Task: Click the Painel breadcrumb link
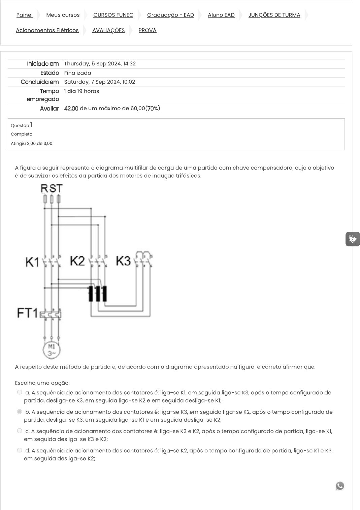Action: pyautogui.click(x=24, y=15)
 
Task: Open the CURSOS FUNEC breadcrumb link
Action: pyautogui.click(x=113, y=15)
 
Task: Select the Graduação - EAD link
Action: pyautogui.click(x=170, y=15)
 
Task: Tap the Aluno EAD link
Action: pyautogui.click(x=221, y=15)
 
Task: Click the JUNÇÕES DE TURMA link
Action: pyautogui.click(x=274, y=15)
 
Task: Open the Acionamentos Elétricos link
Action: pyautogui.click(x=47, y=30)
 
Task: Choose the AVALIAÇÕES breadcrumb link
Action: pyautogui.click(x=108, y=30)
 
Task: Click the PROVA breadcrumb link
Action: pyautogui.click(x=148, y=30)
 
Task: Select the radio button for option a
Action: pyautogui.click(x=20, y=392)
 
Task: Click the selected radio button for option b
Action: pyautogui.click(x=20, y=412)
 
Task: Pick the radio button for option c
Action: pyautogui.click(x=20, y=431)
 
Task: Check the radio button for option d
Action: pyautogui.click(x=20, y=450)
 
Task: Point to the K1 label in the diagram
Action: pyautogui.click(x=32, y=262)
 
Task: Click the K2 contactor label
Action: pyautogui.click(x=77, y=261)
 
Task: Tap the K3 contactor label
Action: pyautogui.click(x=123, y=261)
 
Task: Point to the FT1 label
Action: pyautogui.click(x=28, y=313)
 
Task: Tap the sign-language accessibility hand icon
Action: pyautogui.click(x=352, y=239)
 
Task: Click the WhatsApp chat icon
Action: pyautogui.click(x=340, y=486)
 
